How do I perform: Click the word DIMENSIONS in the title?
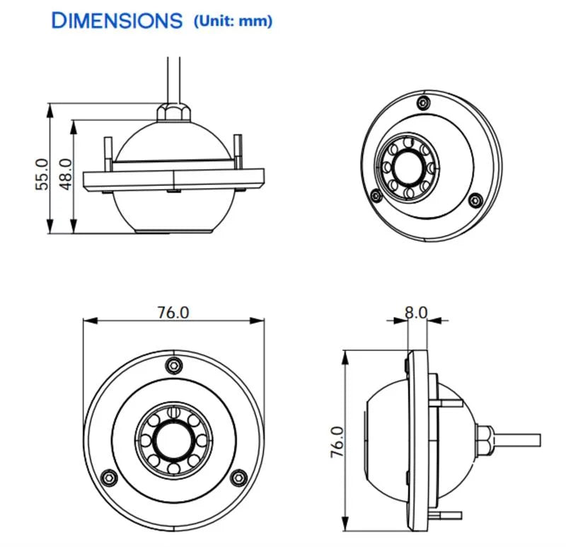click(117, 21)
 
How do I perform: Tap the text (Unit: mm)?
click(233, 21)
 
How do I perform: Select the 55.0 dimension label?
click(42, 174)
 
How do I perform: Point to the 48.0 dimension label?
click(66, 174)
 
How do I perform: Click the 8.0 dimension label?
click(416, 312)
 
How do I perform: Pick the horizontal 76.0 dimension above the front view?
click(173, 312)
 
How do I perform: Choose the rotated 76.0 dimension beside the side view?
click(337, 442)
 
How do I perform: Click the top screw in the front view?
click(173, 365)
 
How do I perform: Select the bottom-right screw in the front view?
click(238, 478)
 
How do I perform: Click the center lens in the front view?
click(173, 440)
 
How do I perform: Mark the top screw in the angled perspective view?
click(423, 103)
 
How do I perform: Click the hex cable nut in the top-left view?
click(173, 112)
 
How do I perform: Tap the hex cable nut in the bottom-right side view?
click(484, 439)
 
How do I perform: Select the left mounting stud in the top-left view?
click(108, 154)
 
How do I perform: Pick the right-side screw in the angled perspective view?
click(475, 200)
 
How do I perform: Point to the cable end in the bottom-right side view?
click(540, 440)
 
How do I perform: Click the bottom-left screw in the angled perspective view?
click(376, 196)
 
